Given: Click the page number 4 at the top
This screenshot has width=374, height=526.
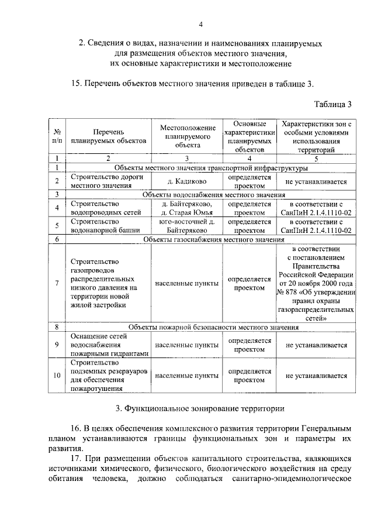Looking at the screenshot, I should click(x=200, y=25).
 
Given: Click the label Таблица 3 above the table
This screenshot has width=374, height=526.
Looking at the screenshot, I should click(x=333, y=105).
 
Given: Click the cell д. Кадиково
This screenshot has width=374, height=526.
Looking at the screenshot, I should click(x=185, y=181).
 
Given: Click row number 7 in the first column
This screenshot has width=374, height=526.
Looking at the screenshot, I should click(x=57, y=283).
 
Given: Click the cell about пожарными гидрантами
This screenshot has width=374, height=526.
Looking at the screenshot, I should click(x=108, y=353).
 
